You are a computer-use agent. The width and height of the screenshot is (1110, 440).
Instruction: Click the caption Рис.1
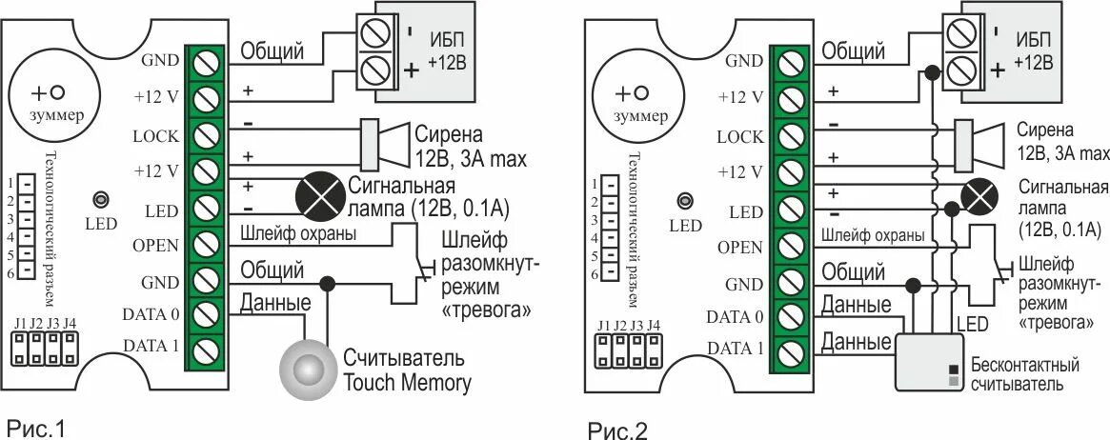pos(35,428)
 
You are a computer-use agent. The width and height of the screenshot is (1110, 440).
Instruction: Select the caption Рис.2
pos(616,430)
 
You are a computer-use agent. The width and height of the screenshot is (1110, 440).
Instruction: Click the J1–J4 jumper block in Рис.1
pos(45,350)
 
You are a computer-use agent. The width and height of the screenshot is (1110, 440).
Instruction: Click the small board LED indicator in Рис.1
pos(99,201)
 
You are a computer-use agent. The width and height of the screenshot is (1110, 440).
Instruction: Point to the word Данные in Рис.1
pos(275,303)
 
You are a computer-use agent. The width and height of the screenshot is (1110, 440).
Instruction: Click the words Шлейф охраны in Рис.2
pos(871,235)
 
